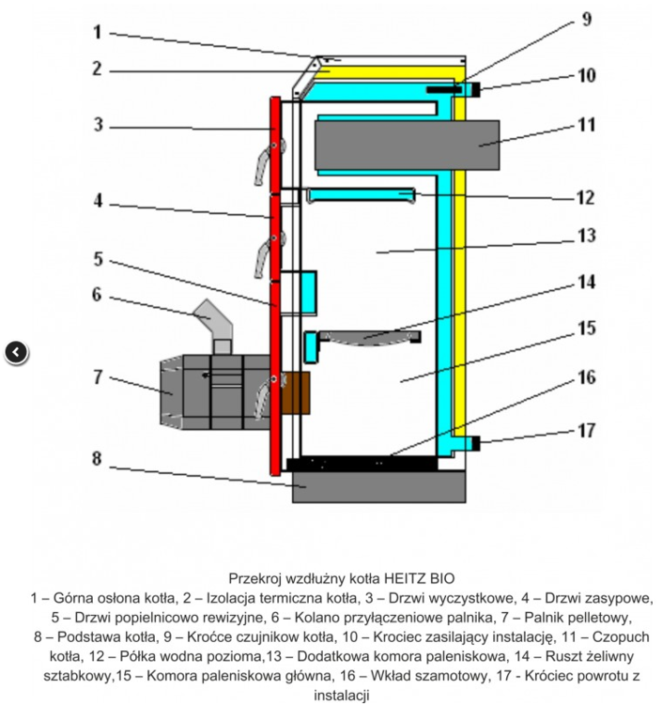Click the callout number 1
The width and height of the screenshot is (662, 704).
pos(97,31)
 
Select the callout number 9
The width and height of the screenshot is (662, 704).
pos(586,19)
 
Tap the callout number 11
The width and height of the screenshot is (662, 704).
pos(586,123)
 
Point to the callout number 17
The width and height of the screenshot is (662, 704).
pos(586,433)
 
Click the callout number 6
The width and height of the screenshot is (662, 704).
pos(97,294)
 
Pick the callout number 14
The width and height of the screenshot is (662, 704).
pos(586,281)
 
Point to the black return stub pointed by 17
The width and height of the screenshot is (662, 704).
pos(475,442)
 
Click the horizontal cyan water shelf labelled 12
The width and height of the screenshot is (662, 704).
pos(361,195)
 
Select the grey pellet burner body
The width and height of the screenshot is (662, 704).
pos(211,390)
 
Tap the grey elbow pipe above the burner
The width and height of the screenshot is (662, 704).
pos(217,324)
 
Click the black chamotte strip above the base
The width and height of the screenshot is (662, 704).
pos(362,464)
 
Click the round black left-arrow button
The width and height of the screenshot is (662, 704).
pos(17,352)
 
